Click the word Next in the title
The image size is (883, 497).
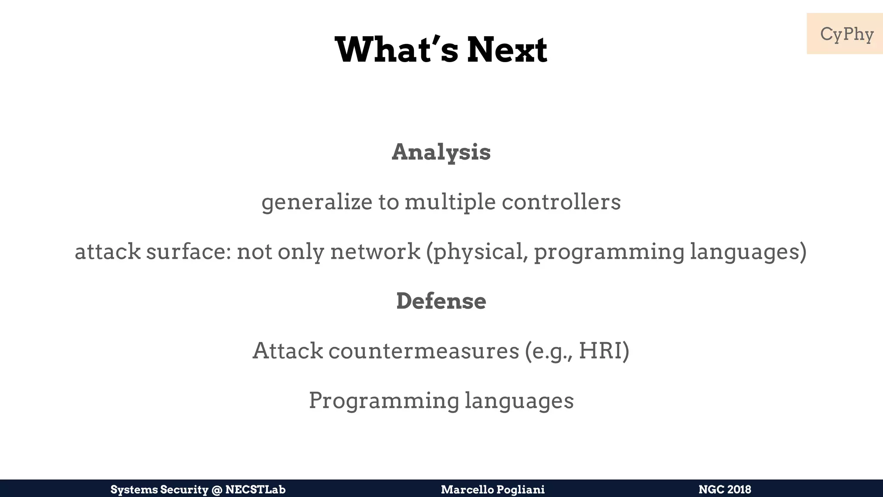507,50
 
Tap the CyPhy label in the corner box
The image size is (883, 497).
846,34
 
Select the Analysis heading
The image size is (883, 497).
441,152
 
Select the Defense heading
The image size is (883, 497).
441,301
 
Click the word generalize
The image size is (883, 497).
317,202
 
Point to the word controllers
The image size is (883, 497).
561,202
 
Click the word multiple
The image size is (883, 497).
450,202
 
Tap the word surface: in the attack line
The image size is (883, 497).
188,252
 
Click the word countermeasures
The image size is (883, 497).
424,351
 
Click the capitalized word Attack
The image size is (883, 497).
288,351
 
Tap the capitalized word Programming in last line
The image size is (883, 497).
384,400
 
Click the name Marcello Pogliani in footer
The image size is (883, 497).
493,490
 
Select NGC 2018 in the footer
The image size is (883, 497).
725,490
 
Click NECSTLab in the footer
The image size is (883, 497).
255,490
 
